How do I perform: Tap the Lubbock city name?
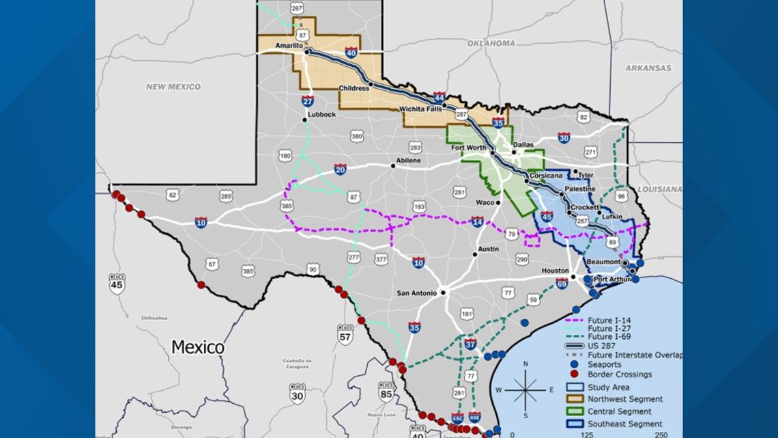coord(321,115)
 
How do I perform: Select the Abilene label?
coord(408,161)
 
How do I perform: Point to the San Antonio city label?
coord(416,293)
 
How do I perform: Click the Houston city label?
coord(555,271)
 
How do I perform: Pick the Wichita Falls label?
coord(420,109)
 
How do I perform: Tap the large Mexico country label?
coord(198,347)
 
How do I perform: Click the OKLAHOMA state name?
coord(491,43)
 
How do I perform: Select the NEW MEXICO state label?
coord(173,87)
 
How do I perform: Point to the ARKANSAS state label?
coord(648,68)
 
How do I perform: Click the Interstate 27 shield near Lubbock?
coord(308,101)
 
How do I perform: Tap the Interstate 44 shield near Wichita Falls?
coord(440,98)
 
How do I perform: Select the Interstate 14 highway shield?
coord(477,222)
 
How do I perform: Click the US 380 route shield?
coord(357,137)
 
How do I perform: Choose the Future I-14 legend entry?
coord(609,320)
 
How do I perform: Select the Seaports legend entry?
coord(604,364)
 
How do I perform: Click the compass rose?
coord(525,389)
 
